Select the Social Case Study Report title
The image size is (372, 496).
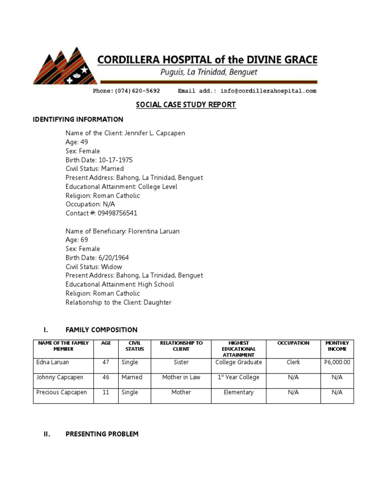tap(186, 105)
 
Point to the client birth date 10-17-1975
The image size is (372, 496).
tap(115, 160)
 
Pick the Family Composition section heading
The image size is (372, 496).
tap(101, 330)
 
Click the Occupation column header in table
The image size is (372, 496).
tap(293, 343)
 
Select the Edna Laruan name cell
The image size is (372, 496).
tap(53, 362)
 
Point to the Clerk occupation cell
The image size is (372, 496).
tap(293, 362)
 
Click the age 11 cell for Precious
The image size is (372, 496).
tap(106, 392)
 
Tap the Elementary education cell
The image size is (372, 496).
tap(238, 392)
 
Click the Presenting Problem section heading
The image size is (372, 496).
tap(102, 434)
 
